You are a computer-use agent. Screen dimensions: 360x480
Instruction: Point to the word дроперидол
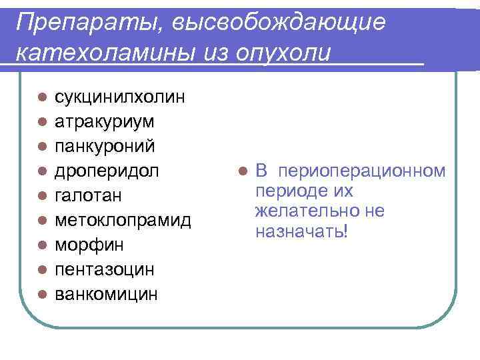click(x=107, y=171)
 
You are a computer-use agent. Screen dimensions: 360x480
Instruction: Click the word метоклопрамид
click(x=123, y=220)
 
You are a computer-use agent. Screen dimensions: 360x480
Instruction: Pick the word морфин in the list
click(x=89, y=245)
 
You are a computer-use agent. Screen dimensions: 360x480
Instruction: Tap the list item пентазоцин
click(x=104, y=269)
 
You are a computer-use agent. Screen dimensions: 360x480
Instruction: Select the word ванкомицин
click(x=107, y=293)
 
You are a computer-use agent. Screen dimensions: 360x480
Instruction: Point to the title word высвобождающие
click(x=278, y=23)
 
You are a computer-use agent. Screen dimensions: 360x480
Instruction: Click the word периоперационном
click(x=363, y=171)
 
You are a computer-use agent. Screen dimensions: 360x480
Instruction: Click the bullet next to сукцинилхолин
click(x=41, y=98)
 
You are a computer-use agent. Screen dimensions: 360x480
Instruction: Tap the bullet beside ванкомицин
click(x=41, y=294)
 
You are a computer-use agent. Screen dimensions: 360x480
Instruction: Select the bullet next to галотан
click(x=41, y=196)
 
